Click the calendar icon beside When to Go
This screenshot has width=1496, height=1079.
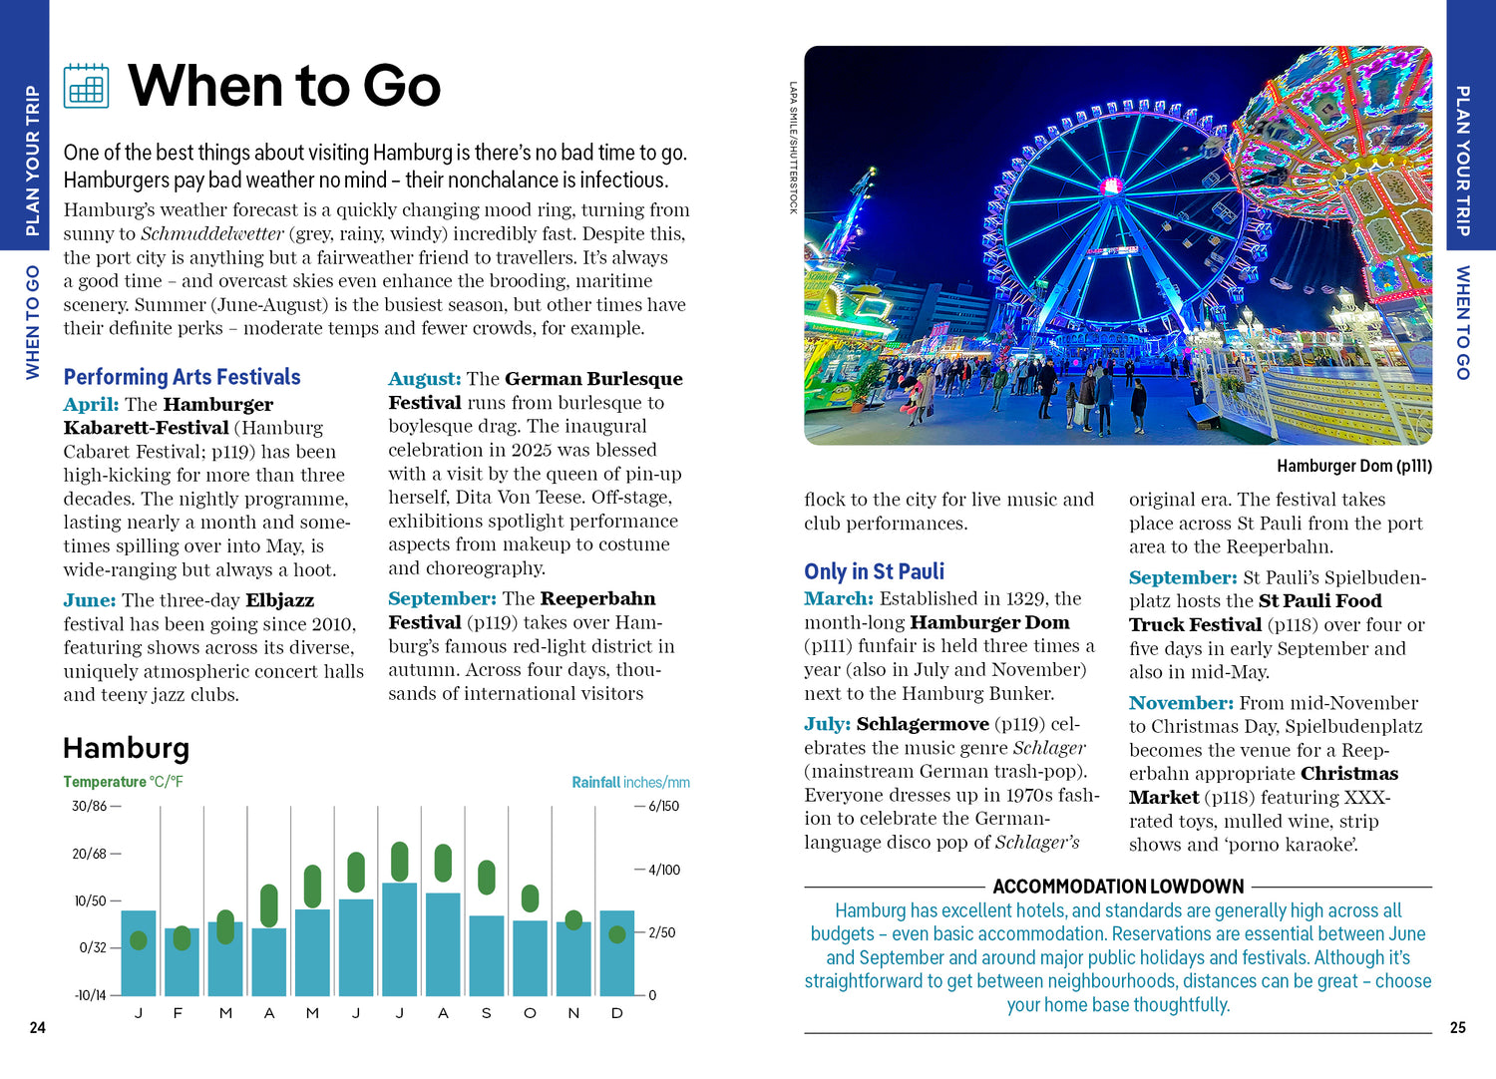click(86, 86)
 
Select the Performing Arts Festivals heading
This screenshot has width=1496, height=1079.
click(182, 377)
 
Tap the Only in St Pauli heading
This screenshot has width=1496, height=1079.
click(874, 571)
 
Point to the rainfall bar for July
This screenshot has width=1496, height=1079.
click(399, 938)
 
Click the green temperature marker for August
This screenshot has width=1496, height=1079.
click(443, 863)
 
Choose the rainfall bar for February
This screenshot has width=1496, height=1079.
click(182, 962)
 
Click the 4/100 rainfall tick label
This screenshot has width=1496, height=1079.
click(664, 870)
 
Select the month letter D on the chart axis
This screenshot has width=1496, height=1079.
click(617, 1013)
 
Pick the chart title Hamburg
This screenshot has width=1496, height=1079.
click(126, 748)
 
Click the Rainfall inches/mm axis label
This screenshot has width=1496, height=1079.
click(630, 782)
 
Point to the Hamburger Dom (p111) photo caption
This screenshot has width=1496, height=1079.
click(1353, 466)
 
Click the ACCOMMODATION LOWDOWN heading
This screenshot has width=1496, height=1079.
click(1118, 887)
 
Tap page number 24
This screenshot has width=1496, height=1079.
click(37, 1027)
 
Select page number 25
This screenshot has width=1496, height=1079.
click(1457, 1027)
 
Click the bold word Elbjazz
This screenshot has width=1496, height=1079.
click(279, 600)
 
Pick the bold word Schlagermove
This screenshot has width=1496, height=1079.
click(923, 724)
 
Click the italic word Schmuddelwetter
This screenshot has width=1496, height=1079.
click(212, 234)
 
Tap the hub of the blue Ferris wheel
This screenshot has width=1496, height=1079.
click(1109, 186)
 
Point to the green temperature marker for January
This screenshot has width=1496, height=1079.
click(139, 940)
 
